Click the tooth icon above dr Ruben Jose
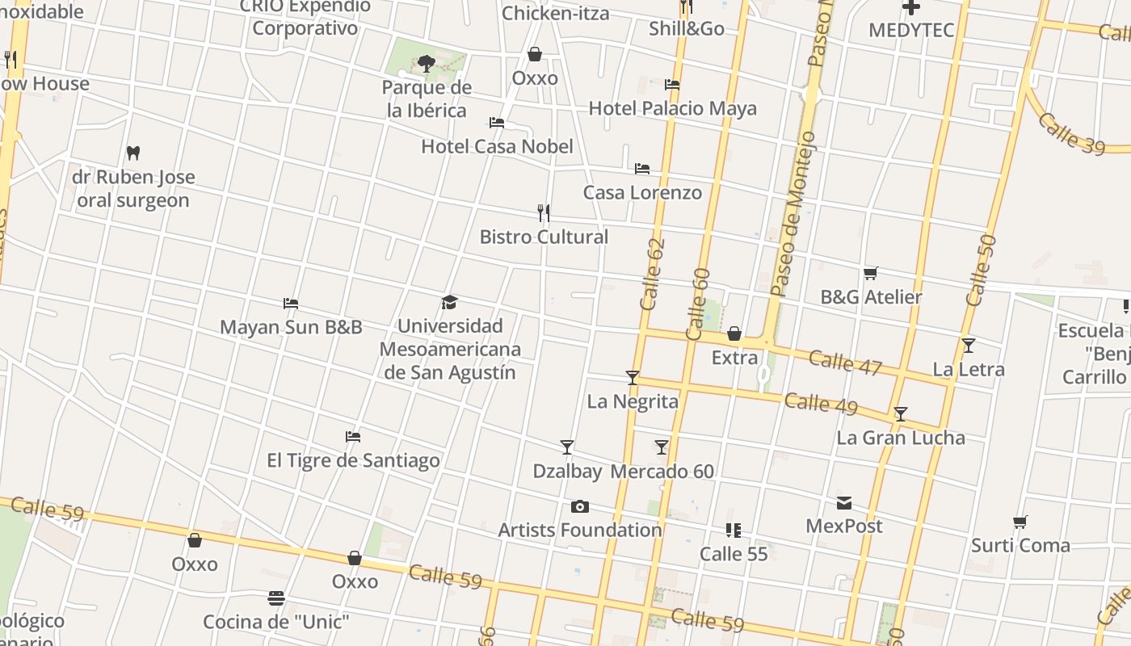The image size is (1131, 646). [x=134, y=152]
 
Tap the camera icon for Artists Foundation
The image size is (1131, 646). [x=579, y=506]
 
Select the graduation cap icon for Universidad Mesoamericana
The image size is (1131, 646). [x=450, y=302]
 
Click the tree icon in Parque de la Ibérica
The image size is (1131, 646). [x=426, y=63]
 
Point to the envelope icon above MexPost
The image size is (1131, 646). [x=844, y=503]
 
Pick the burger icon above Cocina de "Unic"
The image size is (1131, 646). [x=276, y=598]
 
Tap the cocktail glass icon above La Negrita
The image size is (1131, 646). [x=633, y=377]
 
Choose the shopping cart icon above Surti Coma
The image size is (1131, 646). [x=1020, y=522]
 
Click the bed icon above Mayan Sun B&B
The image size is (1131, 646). [x=291, y=304]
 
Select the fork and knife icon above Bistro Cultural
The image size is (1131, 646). [x=544, y=213]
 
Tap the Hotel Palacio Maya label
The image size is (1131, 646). [x=672, y=108]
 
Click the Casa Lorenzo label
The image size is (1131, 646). [x=642, y=192]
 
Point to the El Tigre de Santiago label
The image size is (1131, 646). [x=353, y=460]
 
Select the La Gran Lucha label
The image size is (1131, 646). [x=900, y=438]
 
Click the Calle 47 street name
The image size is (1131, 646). [x=845, y=363]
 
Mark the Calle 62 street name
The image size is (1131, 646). [x=651, y=274]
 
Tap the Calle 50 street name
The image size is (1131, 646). [x=981, y=270]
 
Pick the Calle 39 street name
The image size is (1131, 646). [x=1071, y=132]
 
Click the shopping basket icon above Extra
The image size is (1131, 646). [x=734, y=333]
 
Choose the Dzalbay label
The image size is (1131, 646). [x=567, y=471]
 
